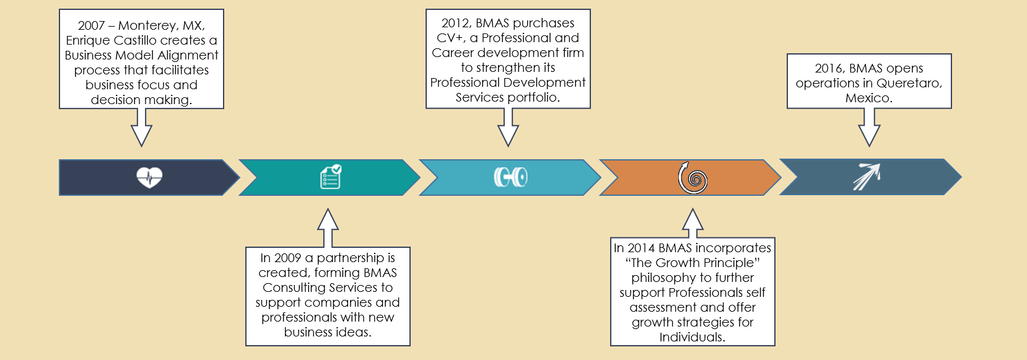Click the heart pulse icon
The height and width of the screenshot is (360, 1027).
coord(149,177)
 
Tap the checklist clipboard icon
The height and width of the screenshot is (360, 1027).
coord(331,177)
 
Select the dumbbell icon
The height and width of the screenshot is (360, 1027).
coord(511,177)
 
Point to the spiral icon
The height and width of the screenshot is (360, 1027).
coord(693,177)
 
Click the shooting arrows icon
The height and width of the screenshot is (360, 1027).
coord(867,177)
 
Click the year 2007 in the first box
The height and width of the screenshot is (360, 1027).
coord(91,25)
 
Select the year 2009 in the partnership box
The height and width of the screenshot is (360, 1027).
coord(287,258)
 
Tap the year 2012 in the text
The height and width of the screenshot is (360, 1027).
coord(455,24)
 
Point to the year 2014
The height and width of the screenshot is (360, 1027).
coord(641,248)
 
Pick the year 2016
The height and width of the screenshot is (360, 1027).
coord(829,69)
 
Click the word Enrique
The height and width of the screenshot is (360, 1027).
coord(88,41)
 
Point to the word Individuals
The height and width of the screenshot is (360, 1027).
coord(693,338)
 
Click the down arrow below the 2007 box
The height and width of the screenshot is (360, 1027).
coord(141,127)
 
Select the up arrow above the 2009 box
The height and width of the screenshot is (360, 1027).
coord(328,228)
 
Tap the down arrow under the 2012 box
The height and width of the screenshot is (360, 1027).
coord(508,127)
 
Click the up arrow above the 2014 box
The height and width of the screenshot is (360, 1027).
coord(693,223)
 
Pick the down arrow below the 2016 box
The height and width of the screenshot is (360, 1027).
coord(869,127)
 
